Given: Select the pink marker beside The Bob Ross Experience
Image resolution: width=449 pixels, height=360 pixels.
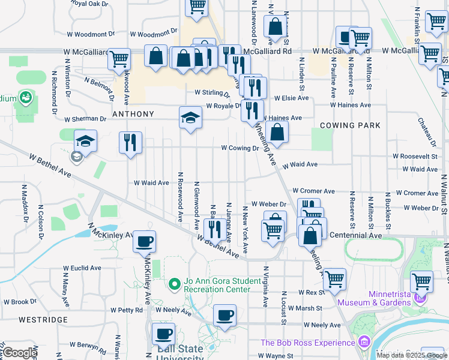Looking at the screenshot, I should [x=363, y=343].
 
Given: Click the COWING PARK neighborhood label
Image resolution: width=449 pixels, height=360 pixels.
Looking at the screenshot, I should [x=351, y=125].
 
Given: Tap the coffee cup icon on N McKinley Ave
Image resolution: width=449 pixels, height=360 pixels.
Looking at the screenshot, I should [x=144, y=242].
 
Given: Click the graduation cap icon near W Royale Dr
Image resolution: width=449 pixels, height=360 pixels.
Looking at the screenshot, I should [x=190, y=118].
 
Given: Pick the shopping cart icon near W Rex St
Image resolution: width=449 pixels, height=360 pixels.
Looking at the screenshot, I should [x=334, y=279].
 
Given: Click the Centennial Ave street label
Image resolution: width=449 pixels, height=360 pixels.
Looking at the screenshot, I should [x=356, y=235].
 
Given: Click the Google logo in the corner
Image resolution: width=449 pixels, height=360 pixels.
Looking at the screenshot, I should [x=20, y=353].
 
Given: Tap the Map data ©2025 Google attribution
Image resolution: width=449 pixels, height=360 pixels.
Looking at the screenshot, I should [x=411, y=355].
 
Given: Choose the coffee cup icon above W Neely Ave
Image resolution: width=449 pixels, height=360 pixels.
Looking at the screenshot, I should [x=224, y=315].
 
